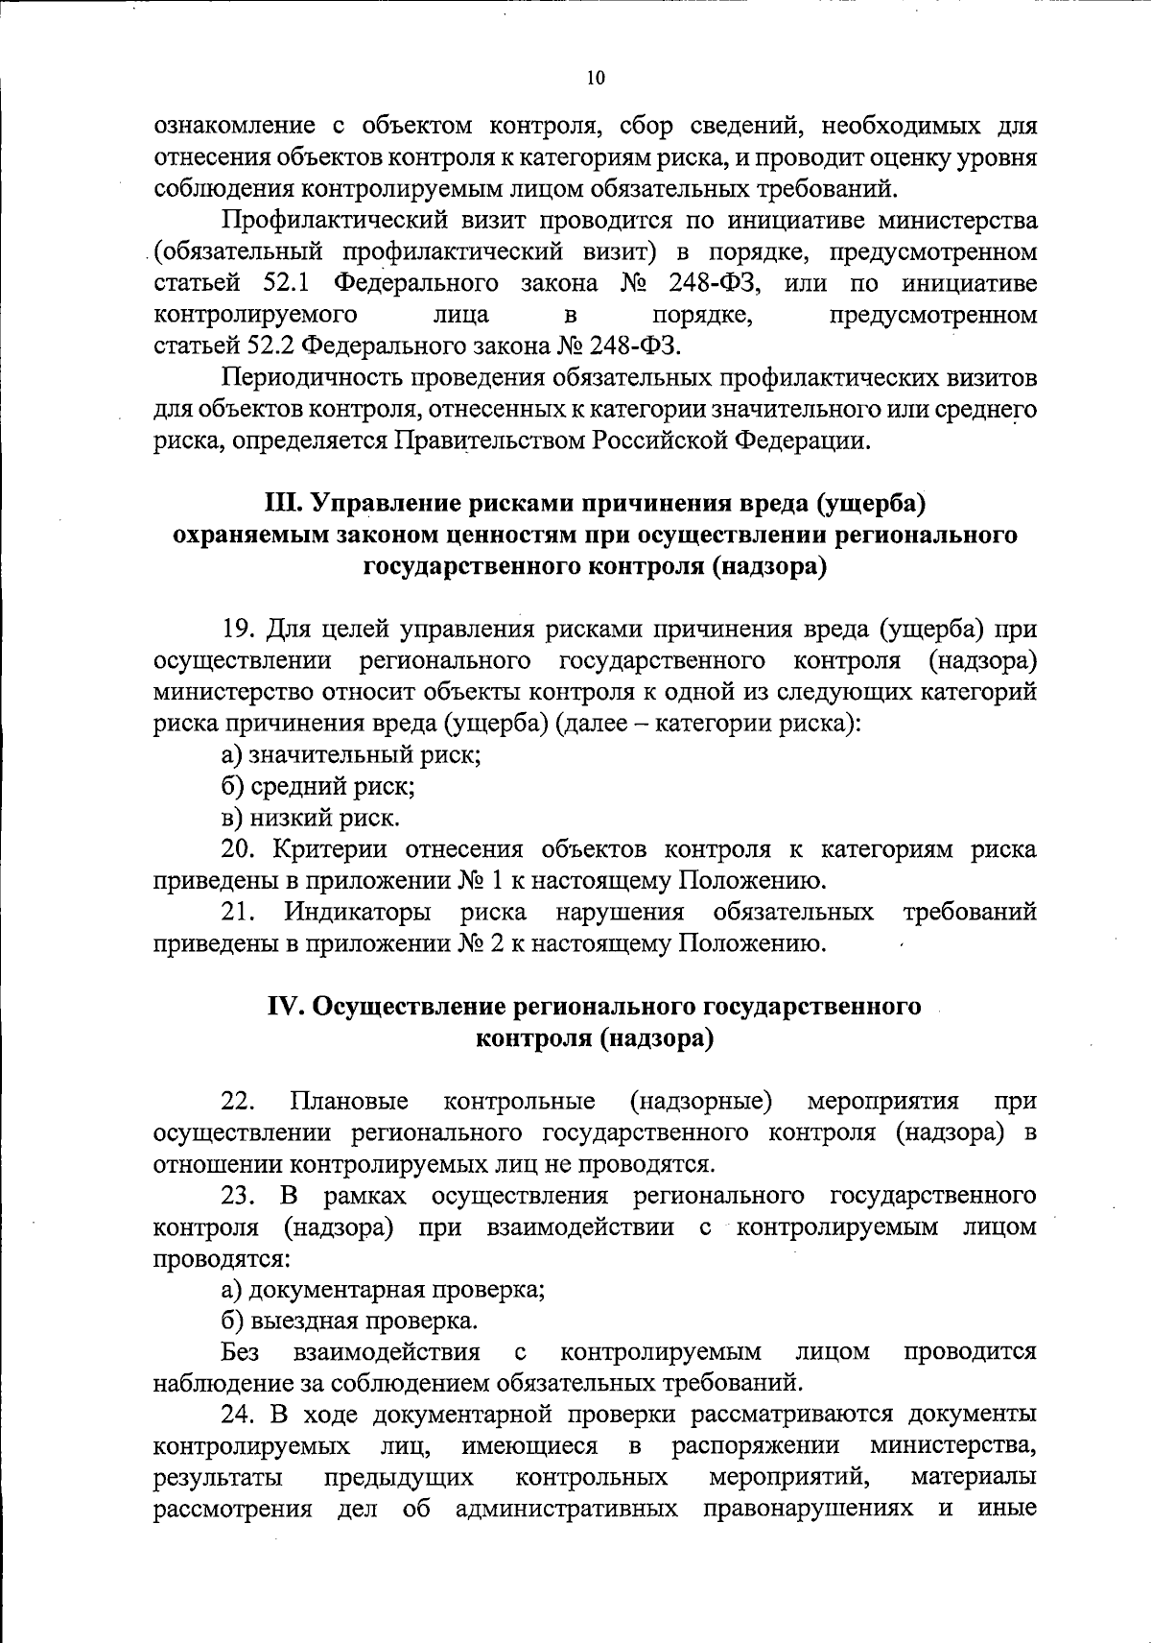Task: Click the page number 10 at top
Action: coord(595,79)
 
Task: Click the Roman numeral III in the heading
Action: coord(280,503)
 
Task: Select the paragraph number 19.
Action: coord(237,630)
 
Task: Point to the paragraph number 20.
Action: coord(239,849)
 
